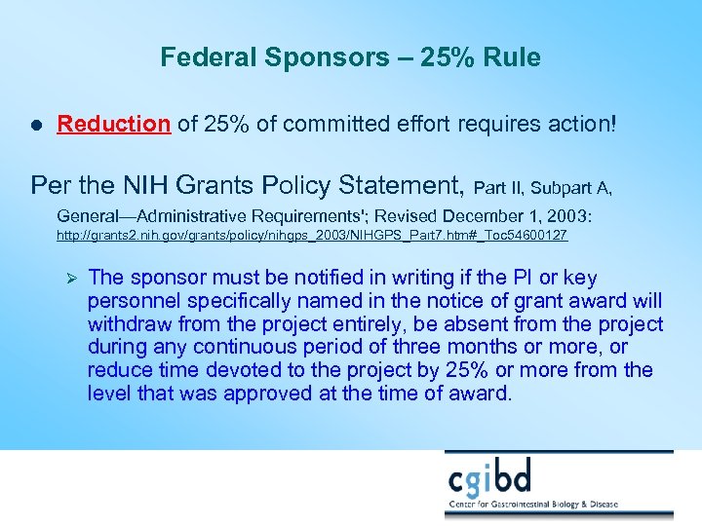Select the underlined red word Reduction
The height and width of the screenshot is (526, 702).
click(113, 124)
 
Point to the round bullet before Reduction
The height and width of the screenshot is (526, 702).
click(36, 125)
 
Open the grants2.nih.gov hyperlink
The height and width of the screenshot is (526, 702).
click(312, 237)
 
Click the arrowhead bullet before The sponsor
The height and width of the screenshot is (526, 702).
click(69, 279)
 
